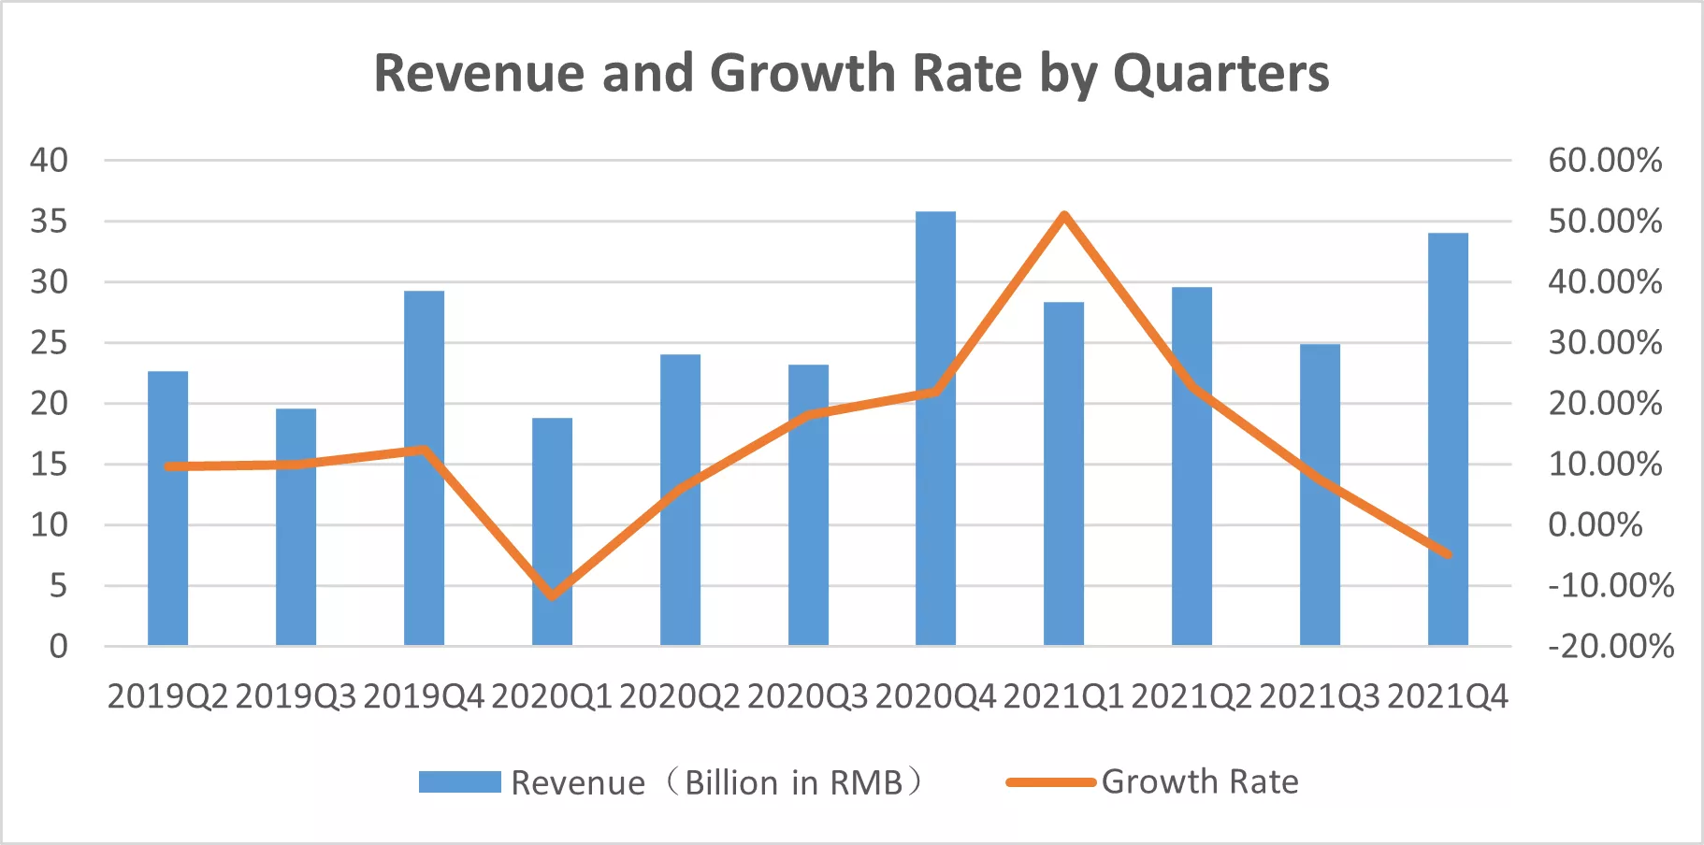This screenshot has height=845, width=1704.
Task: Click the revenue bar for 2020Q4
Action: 935,430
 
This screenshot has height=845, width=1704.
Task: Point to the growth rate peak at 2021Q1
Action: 1064,216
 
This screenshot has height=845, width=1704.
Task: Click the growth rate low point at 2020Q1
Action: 552,594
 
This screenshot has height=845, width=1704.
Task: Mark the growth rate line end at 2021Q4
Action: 1448,554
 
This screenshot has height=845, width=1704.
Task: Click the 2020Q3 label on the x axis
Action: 807,697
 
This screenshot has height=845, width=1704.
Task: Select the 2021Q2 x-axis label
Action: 1191,697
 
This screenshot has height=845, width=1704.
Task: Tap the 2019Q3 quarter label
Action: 296,697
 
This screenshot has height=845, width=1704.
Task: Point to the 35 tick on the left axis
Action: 50,222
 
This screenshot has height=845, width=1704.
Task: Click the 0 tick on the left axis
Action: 58,646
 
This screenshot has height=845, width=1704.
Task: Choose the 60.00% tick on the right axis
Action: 1605,160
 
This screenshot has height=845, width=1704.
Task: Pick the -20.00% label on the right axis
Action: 1610,646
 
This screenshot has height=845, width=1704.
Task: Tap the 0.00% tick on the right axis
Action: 1596,524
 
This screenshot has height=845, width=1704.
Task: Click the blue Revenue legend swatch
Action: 459,781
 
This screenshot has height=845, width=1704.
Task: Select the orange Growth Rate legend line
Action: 1050,781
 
